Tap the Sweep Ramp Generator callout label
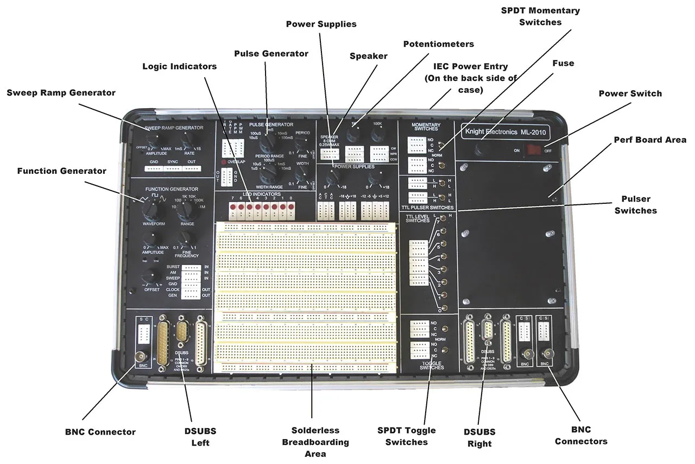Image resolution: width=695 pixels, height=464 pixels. click(61, 93)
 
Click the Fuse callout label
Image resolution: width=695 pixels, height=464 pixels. click(563, 63)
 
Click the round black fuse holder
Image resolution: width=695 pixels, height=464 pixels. click(481, 149)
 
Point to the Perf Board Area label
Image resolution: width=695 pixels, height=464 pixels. click(650, 140)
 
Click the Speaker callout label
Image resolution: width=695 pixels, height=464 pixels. click(369, 55)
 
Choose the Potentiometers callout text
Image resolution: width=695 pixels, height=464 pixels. click(438, 43)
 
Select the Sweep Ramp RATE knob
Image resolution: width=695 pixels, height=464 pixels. click(187, 139)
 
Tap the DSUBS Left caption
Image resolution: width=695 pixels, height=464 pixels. click(200, 437)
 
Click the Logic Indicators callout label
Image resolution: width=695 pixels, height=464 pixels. click(179, 66)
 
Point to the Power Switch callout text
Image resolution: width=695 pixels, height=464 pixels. click(630, 93)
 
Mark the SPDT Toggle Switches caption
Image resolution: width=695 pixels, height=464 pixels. click(406, 436)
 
